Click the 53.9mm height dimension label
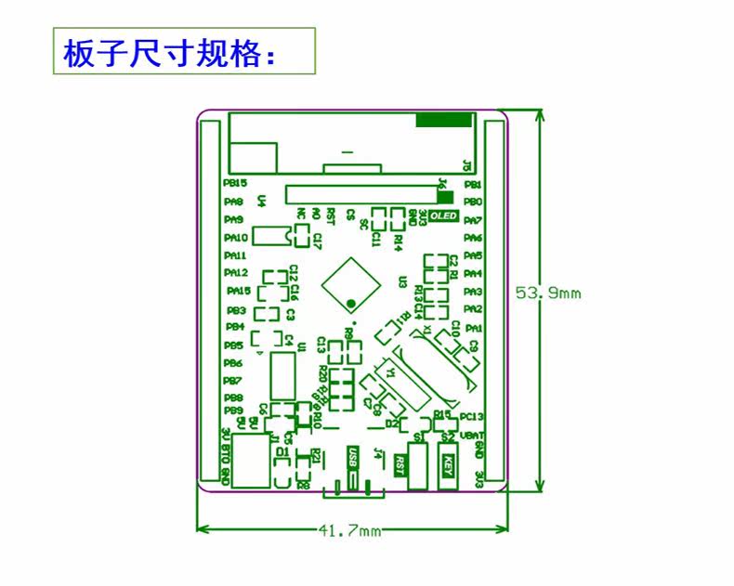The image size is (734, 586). [548, 293]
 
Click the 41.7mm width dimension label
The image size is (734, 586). [349, 531]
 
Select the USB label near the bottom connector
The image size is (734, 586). [351, 458]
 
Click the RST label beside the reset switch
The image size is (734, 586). [400, 462]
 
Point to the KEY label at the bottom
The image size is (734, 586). [448, 462]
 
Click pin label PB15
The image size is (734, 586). [235, 183]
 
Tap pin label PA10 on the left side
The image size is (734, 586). [235, 238]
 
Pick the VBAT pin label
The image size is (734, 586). [472, 434]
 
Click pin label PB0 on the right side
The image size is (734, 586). [473, 202]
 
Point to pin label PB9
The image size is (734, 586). [232, 410]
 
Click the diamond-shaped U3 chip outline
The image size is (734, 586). [348, 280]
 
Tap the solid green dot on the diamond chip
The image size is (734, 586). [350, 303]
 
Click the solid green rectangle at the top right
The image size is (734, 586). [444, 120]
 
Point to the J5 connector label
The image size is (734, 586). [466, 167]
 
